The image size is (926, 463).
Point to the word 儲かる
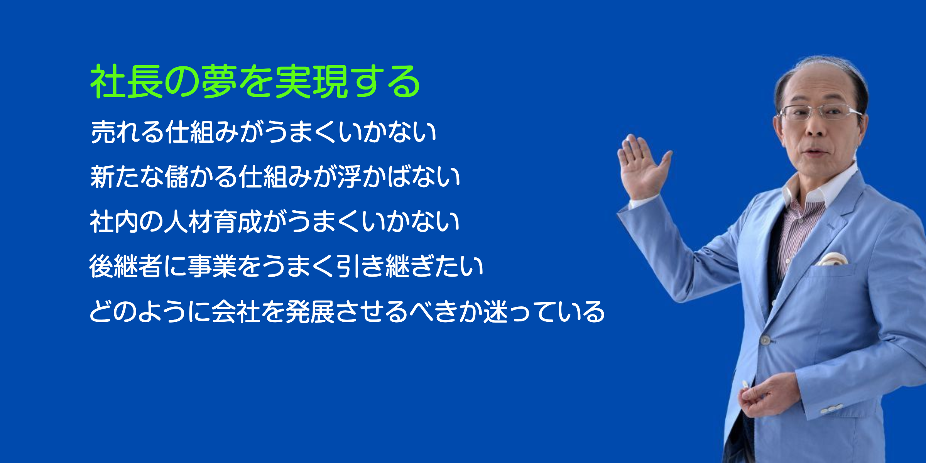click(x=201, y=177)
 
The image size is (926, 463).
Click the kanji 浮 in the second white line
click(x=349, y=177)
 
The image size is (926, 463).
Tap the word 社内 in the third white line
click(x=114, y=222)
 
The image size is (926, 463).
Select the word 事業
click(x=212, y=267)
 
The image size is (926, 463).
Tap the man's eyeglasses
click(x=820, y=112)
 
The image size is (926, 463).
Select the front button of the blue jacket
click(x=765, y=340)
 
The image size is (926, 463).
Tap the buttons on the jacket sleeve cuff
click(x=831, y=409)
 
